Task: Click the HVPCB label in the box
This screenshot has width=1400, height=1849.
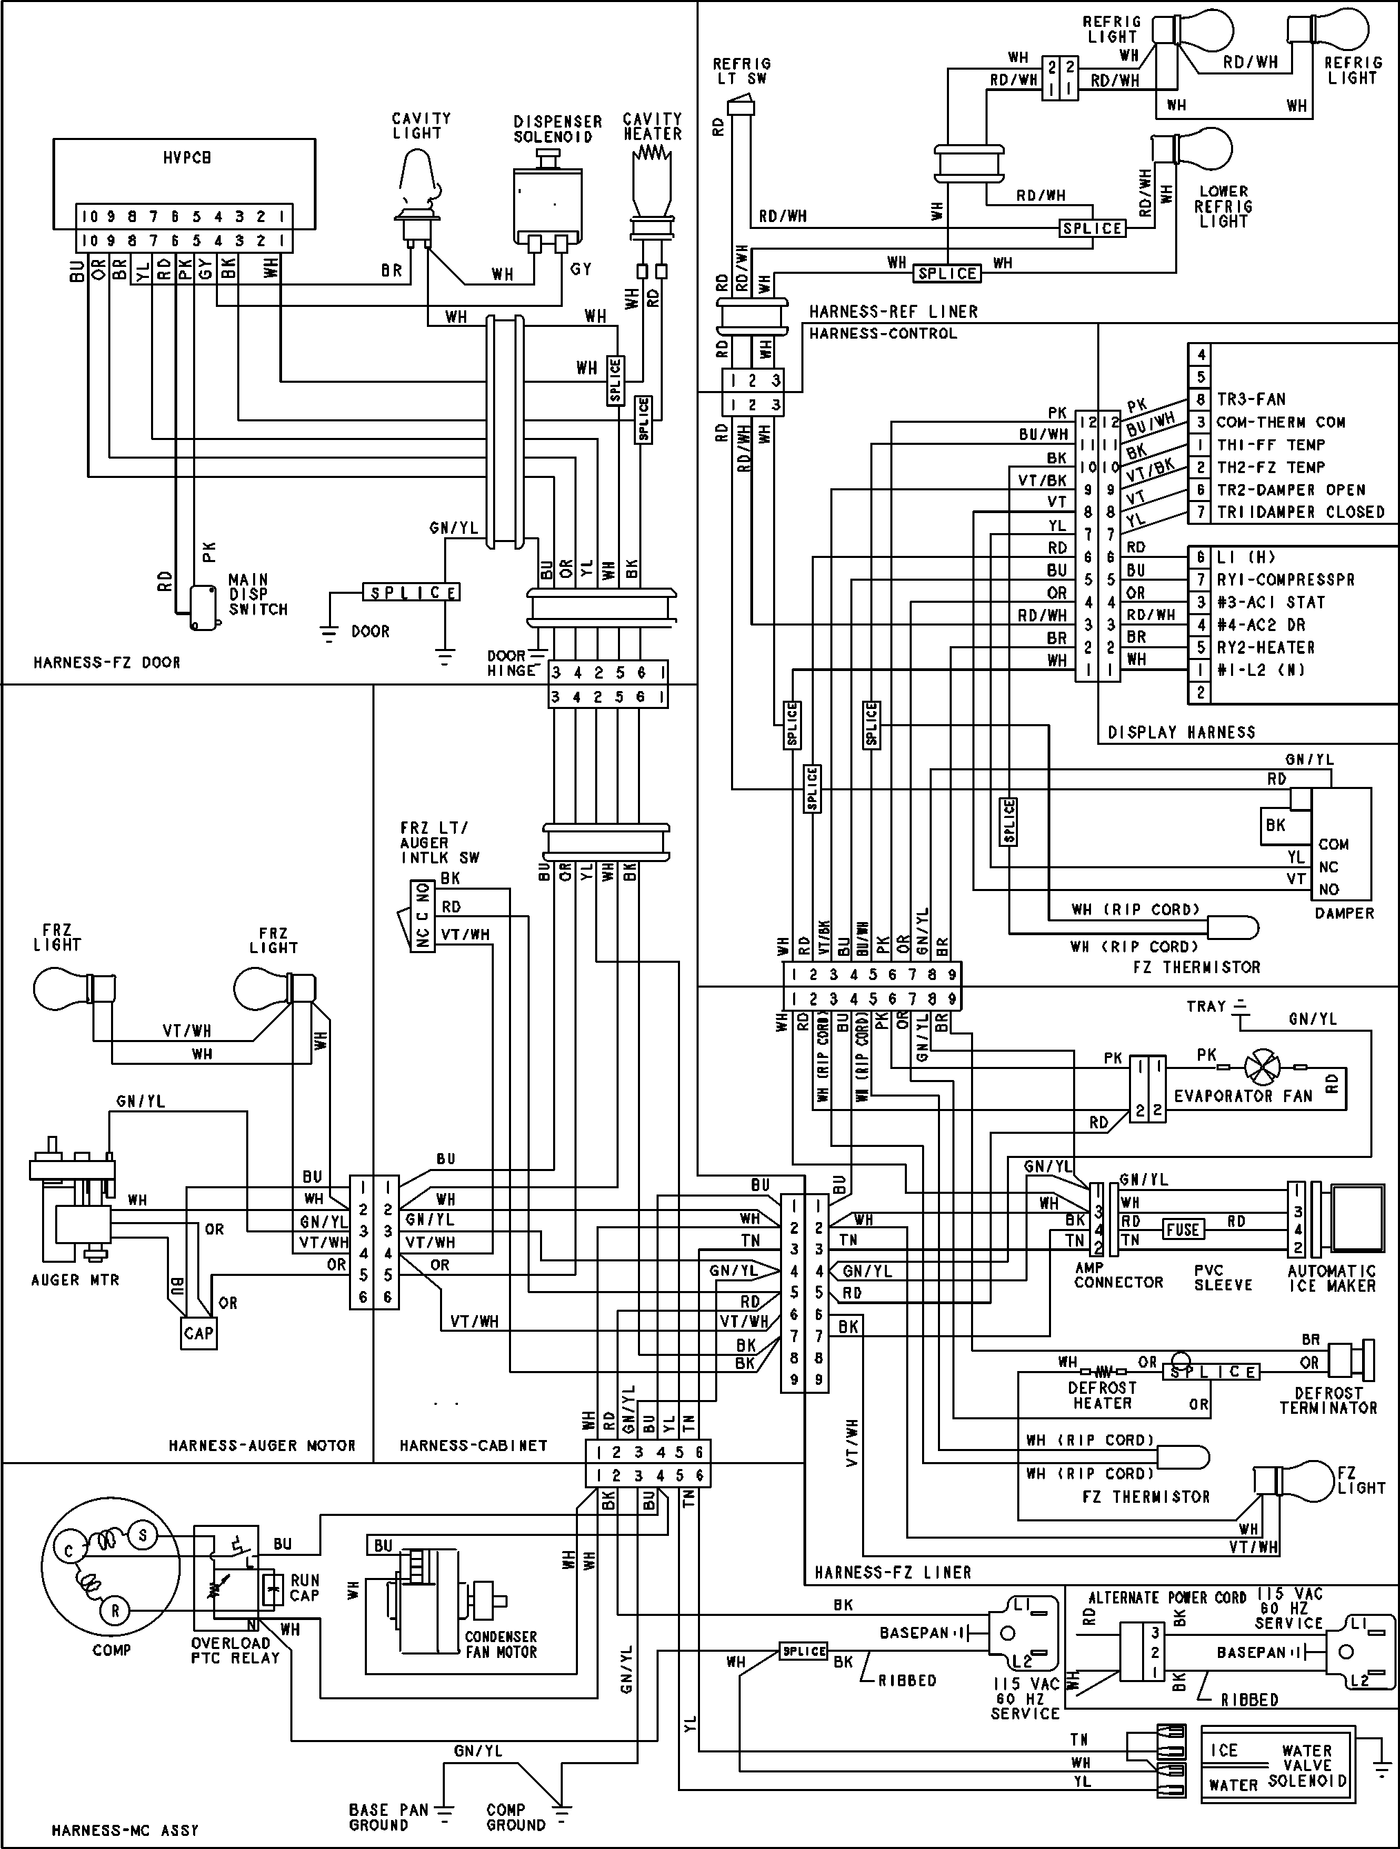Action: pos(187,157)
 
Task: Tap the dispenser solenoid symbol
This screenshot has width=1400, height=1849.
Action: pos(547,201)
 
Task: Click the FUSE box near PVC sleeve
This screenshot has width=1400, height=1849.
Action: pos(1182,1230)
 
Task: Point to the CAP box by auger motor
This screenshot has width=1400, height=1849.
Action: pos(198,1332)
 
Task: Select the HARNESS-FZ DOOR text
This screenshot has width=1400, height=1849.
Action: pos(106,662)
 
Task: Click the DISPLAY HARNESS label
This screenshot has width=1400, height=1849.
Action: pos(1181,732)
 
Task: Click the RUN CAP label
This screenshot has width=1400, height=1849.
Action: pos(304,1588)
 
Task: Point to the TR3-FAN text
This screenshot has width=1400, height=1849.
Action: pos(1250,399)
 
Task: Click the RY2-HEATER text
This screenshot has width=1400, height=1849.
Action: pos(1266,647)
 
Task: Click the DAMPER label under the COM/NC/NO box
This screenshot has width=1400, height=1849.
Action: pos(1344,913)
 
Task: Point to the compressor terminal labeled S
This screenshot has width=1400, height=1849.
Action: pos(143,1535)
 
